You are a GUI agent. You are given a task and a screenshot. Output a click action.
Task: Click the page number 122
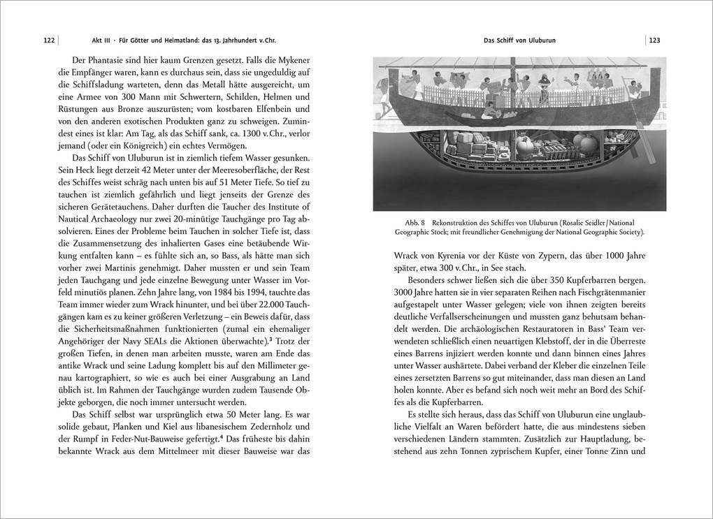coord(48,41)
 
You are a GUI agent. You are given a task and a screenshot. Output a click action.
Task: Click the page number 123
coord(654,41)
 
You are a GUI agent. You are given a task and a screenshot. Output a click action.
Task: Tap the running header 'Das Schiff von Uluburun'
coord(519,41)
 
